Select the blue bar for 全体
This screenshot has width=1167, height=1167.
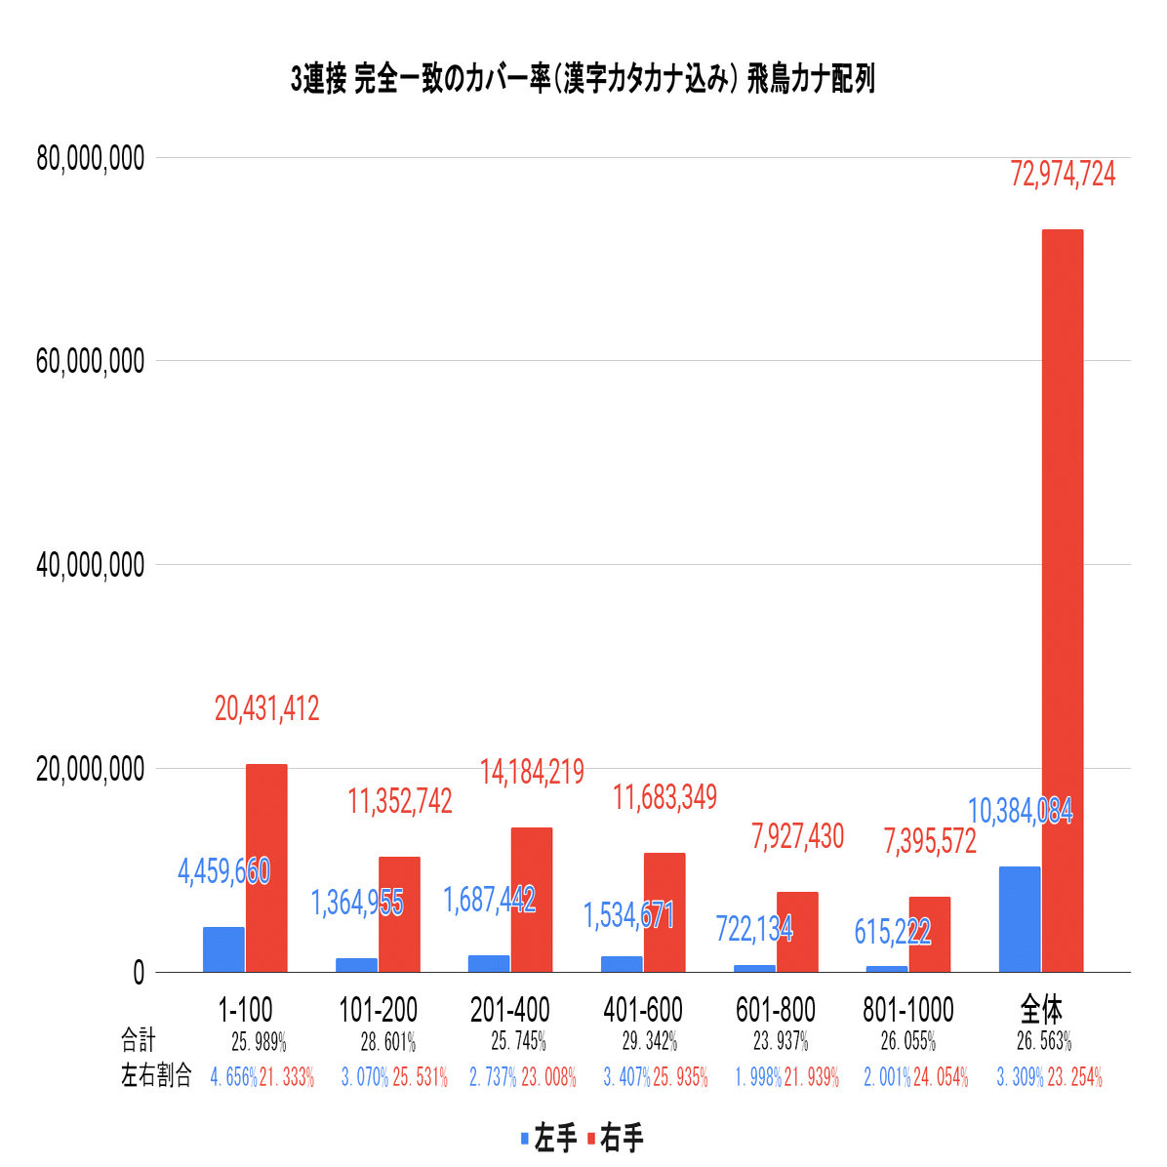1020,918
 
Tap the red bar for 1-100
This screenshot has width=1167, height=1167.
266,867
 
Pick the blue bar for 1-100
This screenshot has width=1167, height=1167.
223,948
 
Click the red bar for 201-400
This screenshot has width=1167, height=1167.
532,899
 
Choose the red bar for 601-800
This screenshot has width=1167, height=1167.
797,931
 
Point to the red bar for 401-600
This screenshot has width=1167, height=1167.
664,911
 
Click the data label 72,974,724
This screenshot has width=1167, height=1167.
1063,175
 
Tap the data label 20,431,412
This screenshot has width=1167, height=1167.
266,708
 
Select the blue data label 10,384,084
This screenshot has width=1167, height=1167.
1020,811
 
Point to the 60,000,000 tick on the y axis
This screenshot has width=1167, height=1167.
90,361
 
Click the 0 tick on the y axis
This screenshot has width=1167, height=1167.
138,973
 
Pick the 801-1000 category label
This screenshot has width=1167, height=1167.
907,1009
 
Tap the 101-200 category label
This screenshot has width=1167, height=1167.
378,1009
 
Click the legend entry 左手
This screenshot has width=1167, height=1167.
550,1138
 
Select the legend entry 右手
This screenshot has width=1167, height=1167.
615,1138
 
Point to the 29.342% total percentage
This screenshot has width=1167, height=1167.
650,1041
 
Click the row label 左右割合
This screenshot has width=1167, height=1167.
156,1076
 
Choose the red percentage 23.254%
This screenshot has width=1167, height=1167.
1074,1077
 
